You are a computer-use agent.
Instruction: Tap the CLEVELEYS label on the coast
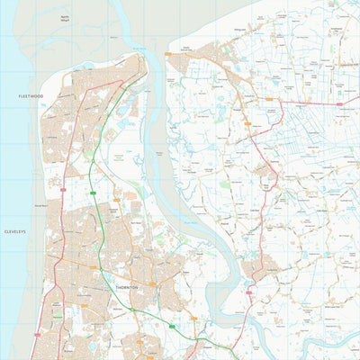(16, 230)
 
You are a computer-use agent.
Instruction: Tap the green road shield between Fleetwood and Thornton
(94, 192)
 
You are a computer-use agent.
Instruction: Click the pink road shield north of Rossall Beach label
(63, 190)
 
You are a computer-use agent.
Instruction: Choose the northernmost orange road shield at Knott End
(166, 55)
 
